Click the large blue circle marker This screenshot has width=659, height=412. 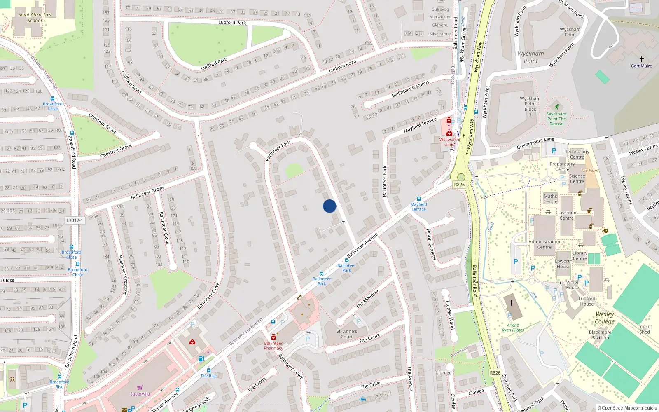tap(329, 206)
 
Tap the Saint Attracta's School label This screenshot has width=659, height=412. tap(35, 17)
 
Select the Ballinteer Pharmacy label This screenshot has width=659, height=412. tap(273, 346)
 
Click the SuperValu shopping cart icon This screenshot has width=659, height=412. tap(140, 387)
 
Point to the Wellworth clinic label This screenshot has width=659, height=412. tap(449, 142)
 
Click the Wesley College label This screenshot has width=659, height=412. tap(605, 318)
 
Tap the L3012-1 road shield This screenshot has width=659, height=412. tap(75, 220)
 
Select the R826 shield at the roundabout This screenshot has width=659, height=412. tap(459, 185)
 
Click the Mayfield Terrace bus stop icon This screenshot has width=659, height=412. tap(419, 199)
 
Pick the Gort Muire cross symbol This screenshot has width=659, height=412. tap(641, 59)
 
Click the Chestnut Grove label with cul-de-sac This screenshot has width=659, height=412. tap(116, 151)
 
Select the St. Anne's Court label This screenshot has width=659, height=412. tap(347, 334)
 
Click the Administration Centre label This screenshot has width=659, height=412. tap(544, 244)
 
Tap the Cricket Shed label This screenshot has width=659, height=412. tap(645, 329)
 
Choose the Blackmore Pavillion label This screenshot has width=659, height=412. tap(600, 335)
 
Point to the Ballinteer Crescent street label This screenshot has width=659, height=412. tap(123, 274)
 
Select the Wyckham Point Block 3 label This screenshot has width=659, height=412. tap(530, 106)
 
